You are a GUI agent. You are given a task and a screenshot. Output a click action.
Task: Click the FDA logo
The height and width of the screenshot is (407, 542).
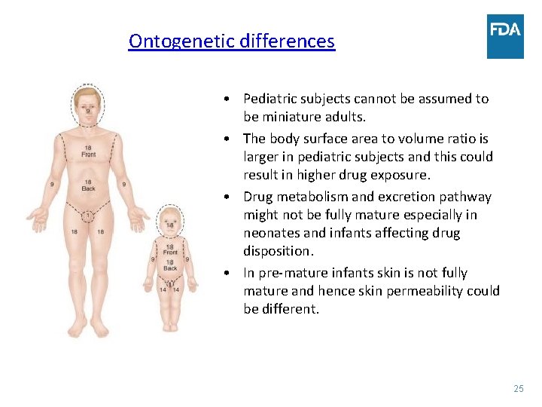(505, 35)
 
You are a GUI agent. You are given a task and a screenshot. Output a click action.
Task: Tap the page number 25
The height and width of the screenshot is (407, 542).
(518, 388)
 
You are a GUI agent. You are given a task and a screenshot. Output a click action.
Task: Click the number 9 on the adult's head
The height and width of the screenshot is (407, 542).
(88, 112)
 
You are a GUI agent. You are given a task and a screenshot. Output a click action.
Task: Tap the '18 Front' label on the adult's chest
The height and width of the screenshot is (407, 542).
(89, 151)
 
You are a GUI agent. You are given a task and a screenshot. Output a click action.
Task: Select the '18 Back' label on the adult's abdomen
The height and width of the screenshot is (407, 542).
(89, 185)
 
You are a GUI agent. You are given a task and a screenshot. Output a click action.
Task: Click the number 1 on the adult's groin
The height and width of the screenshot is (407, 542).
(89, 217)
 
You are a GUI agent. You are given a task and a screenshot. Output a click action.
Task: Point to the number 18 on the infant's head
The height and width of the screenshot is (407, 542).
(170, 225)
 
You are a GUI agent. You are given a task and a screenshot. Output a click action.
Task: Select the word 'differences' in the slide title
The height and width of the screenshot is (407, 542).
(287, 41)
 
